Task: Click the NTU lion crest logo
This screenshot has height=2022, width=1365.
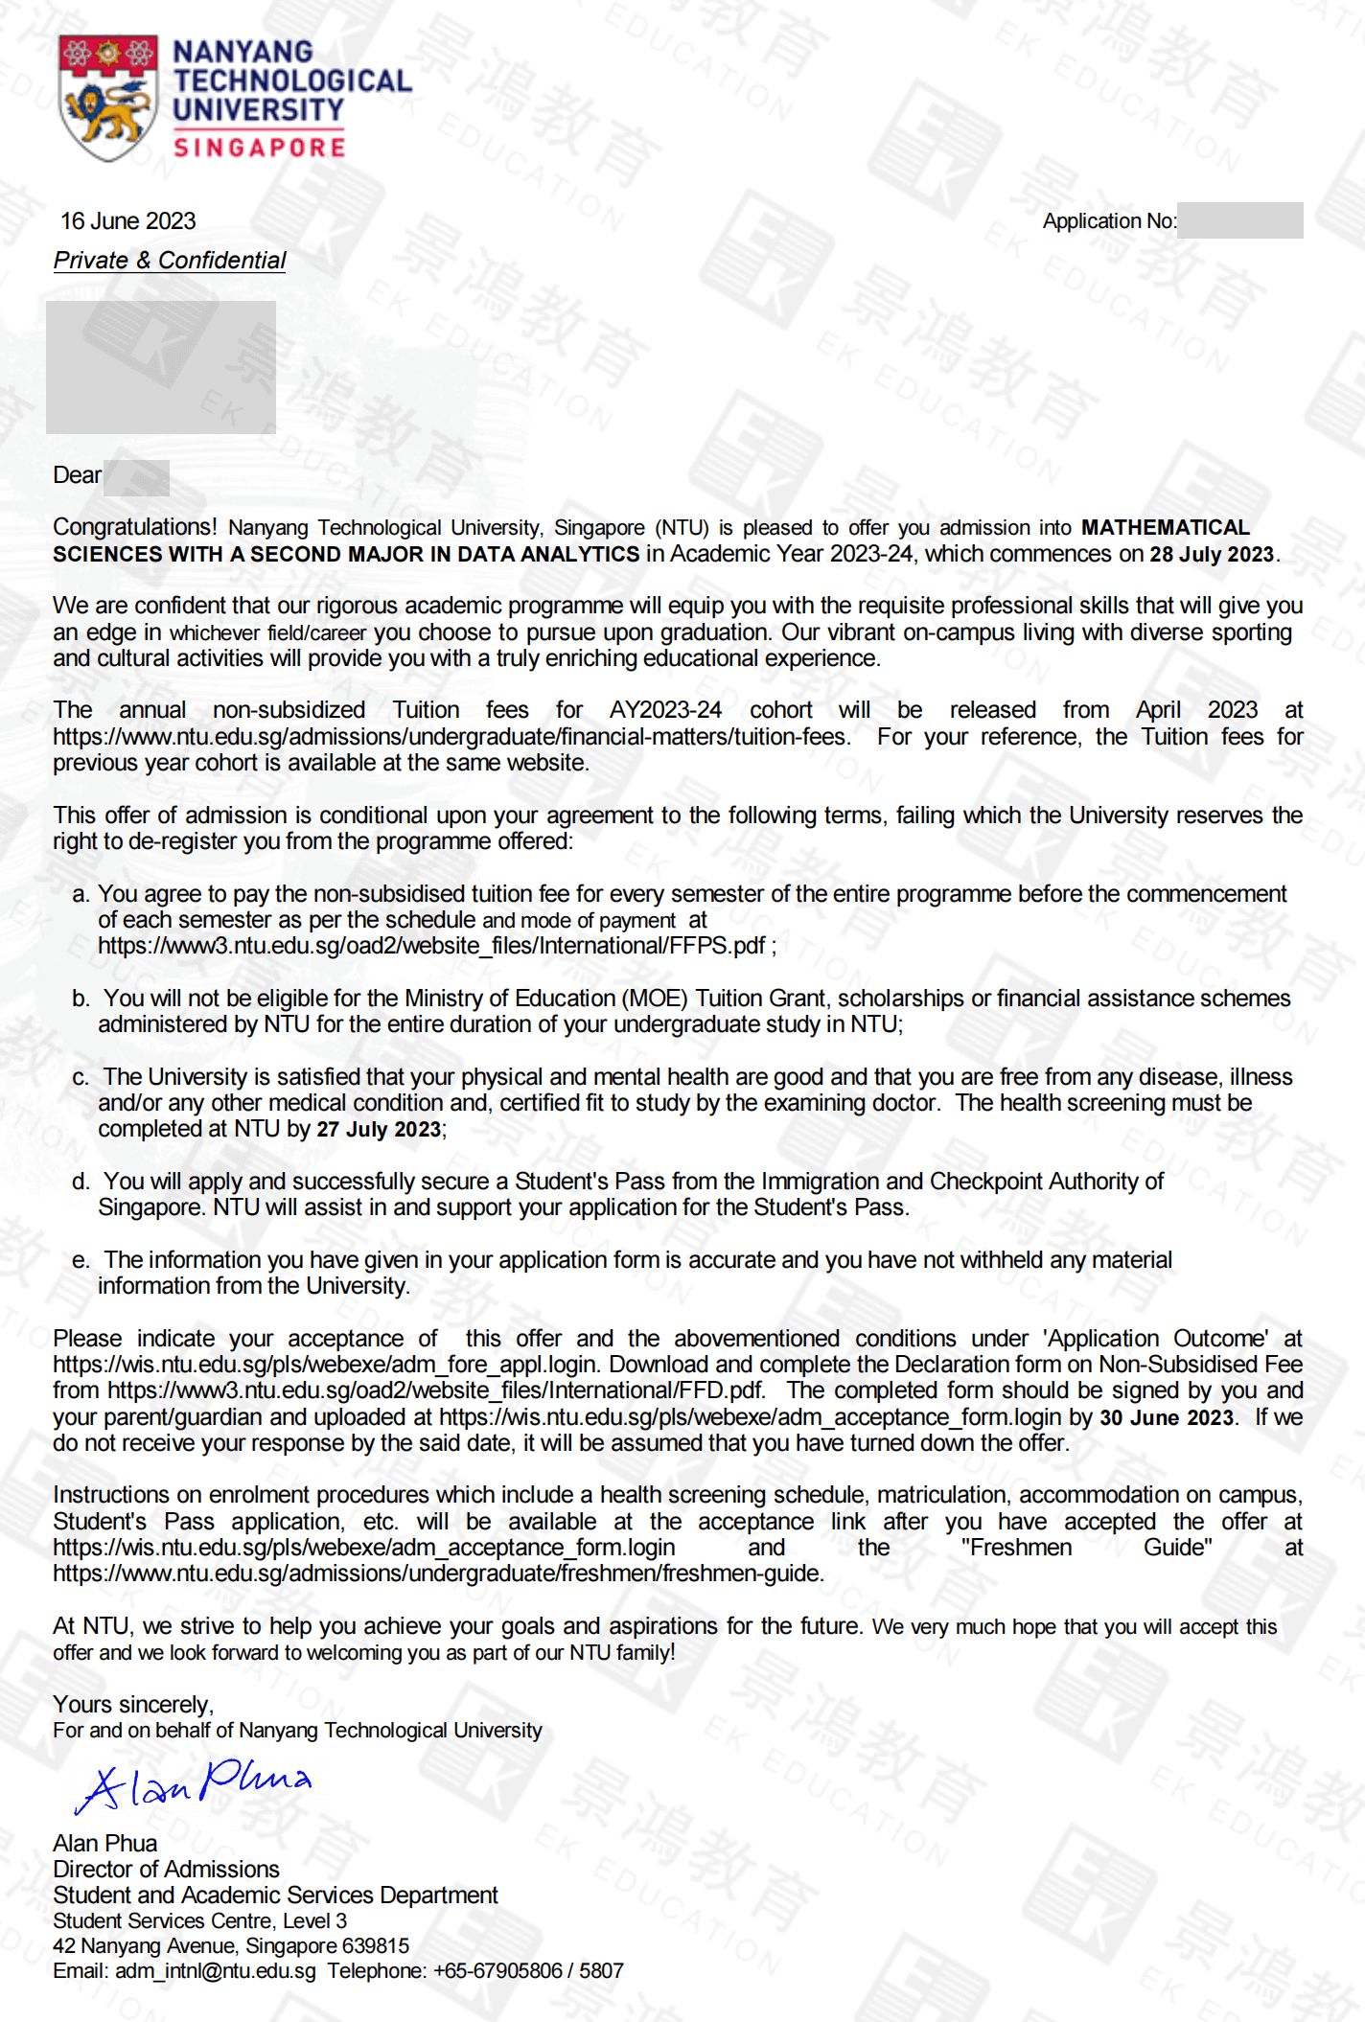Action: [107, 99]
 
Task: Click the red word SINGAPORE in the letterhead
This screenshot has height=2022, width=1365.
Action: [259, 148]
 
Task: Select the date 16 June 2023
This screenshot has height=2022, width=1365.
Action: [127, 221]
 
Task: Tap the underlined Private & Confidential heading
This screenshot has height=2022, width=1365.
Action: [170, 261]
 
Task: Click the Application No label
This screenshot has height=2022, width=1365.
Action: [1109, 221]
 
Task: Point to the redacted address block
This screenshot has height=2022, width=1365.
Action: [161, 367]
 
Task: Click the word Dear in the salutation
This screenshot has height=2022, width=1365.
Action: [77, 475]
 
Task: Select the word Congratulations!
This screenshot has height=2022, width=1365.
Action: [135, 527]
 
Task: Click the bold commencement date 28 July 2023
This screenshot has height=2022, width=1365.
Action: [1212, 555]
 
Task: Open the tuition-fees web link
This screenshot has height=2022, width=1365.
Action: [451, 737]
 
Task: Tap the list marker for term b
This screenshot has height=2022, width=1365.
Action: [81, 999]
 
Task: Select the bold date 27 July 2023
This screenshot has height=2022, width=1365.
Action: [379, 1129]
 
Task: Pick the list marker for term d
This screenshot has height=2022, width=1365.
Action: [81, 1182]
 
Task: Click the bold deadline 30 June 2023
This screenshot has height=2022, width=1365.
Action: [1166, 1417]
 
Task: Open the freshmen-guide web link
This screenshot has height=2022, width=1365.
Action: [438, 1574]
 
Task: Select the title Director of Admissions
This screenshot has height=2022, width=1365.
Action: [166, 1870]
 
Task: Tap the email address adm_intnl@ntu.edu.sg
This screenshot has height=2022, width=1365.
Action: [215, 1971]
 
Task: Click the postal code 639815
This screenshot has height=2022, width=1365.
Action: [375, 1946]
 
